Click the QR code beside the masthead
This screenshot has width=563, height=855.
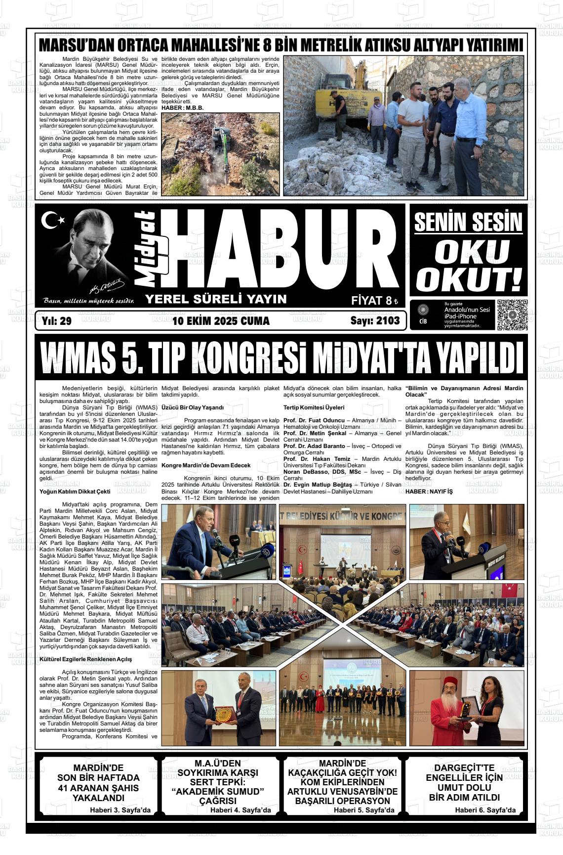[512, 315]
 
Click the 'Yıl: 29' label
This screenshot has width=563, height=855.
[57, 321]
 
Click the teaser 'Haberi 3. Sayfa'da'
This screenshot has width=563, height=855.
[120, 810]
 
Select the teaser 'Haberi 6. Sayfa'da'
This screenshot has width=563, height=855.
[485, 810]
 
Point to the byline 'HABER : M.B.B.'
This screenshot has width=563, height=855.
[183, 107]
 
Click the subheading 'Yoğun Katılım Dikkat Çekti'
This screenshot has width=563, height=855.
[75, 492]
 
